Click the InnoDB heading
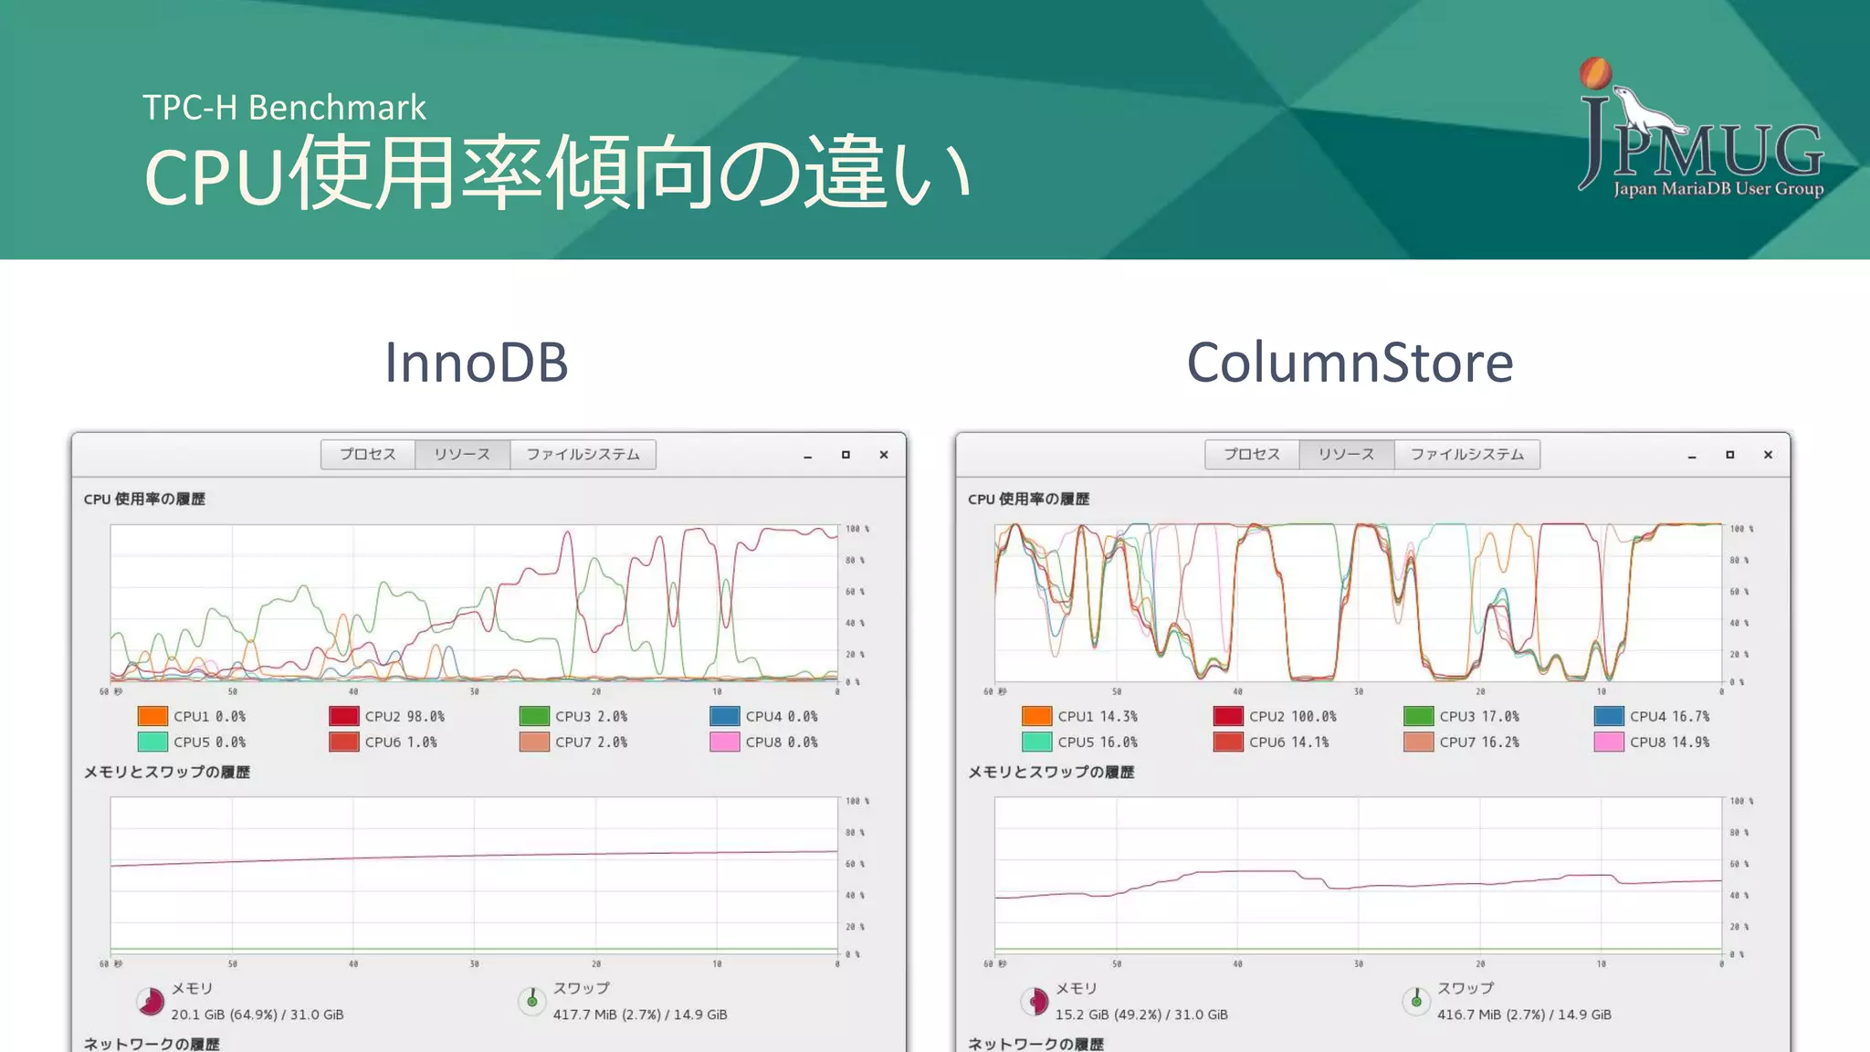coord(476,363)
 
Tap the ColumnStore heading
coord(1350,363)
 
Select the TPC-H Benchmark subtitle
coord(284,108)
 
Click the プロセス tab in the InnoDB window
coord(368,454)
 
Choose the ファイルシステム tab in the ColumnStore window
coord(1466,454)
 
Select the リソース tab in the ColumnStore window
coord(1346,454)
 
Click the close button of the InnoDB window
coord(884,455)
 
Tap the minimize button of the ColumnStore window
coord(1692,456)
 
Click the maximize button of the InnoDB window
coord(846,455)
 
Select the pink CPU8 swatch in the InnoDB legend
coord(724,742)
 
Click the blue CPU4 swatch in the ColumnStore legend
coord(1609,717)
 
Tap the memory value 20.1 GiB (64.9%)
coord(257,1015)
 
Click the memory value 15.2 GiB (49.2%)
coord(1141,1015)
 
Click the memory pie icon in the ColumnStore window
coord(1035,1002)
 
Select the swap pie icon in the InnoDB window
coord(531,1001)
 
